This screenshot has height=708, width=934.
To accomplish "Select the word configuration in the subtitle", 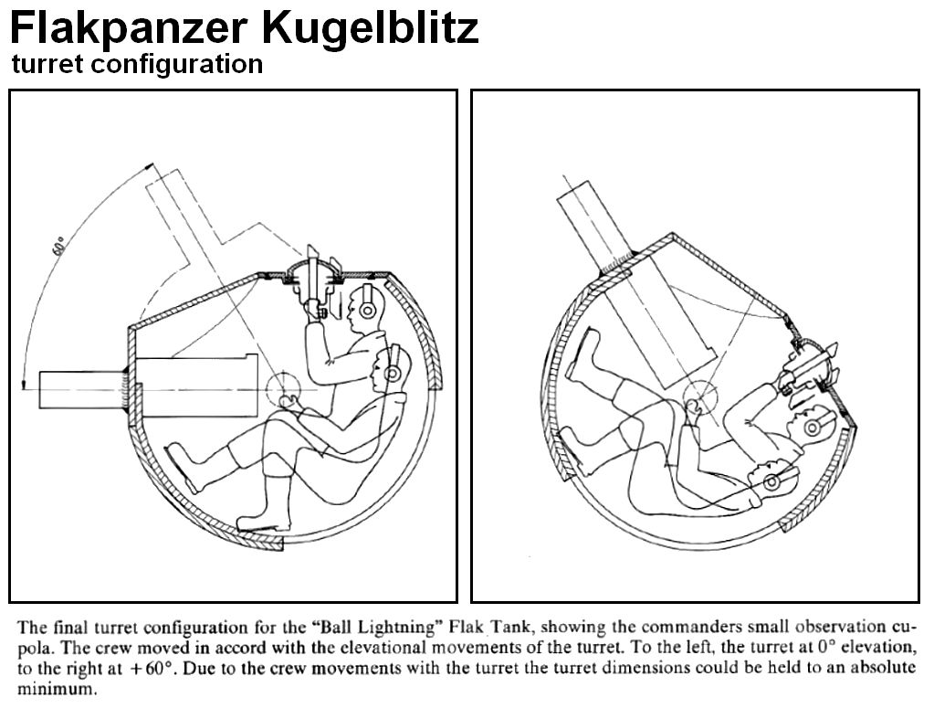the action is tap(173, 65).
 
